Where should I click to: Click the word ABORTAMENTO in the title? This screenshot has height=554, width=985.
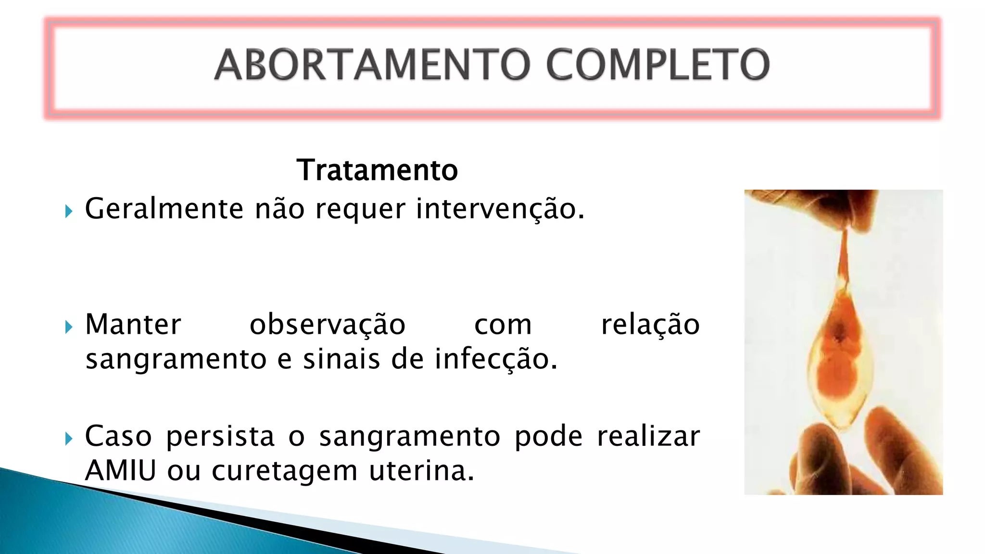pos(373,64)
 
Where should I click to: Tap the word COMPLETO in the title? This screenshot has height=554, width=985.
pos(657,64)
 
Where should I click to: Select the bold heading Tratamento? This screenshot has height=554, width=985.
pos(377,170)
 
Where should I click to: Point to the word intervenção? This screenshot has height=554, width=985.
pos(500,209)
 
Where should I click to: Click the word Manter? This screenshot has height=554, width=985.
pos(133,325)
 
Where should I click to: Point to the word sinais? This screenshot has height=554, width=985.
pos(341,359)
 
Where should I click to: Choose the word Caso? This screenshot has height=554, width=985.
pos(118,436)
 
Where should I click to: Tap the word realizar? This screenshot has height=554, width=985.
pos(648,436)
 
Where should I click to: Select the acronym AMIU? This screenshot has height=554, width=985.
pos(121,470)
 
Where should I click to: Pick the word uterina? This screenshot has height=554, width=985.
pos(422,470)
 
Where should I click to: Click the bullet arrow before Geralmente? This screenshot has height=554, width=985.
pos(69,211)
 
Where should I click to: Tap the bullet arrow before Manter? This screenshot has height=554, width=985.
pos(69,327)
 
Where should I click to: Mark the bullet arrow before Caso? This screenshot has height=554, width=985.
pos(69,439)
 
